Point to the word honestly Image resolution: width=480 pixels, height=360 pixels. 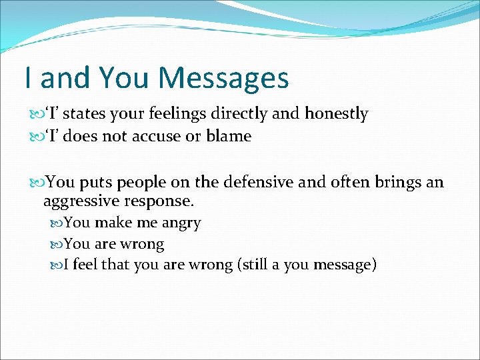(x=336, y=114)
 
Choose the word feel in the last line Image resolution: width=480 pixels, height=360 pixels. (x=85, y=265)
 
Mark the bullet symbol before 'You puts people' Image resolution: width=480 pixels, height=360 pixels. (x=37, y=183)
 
